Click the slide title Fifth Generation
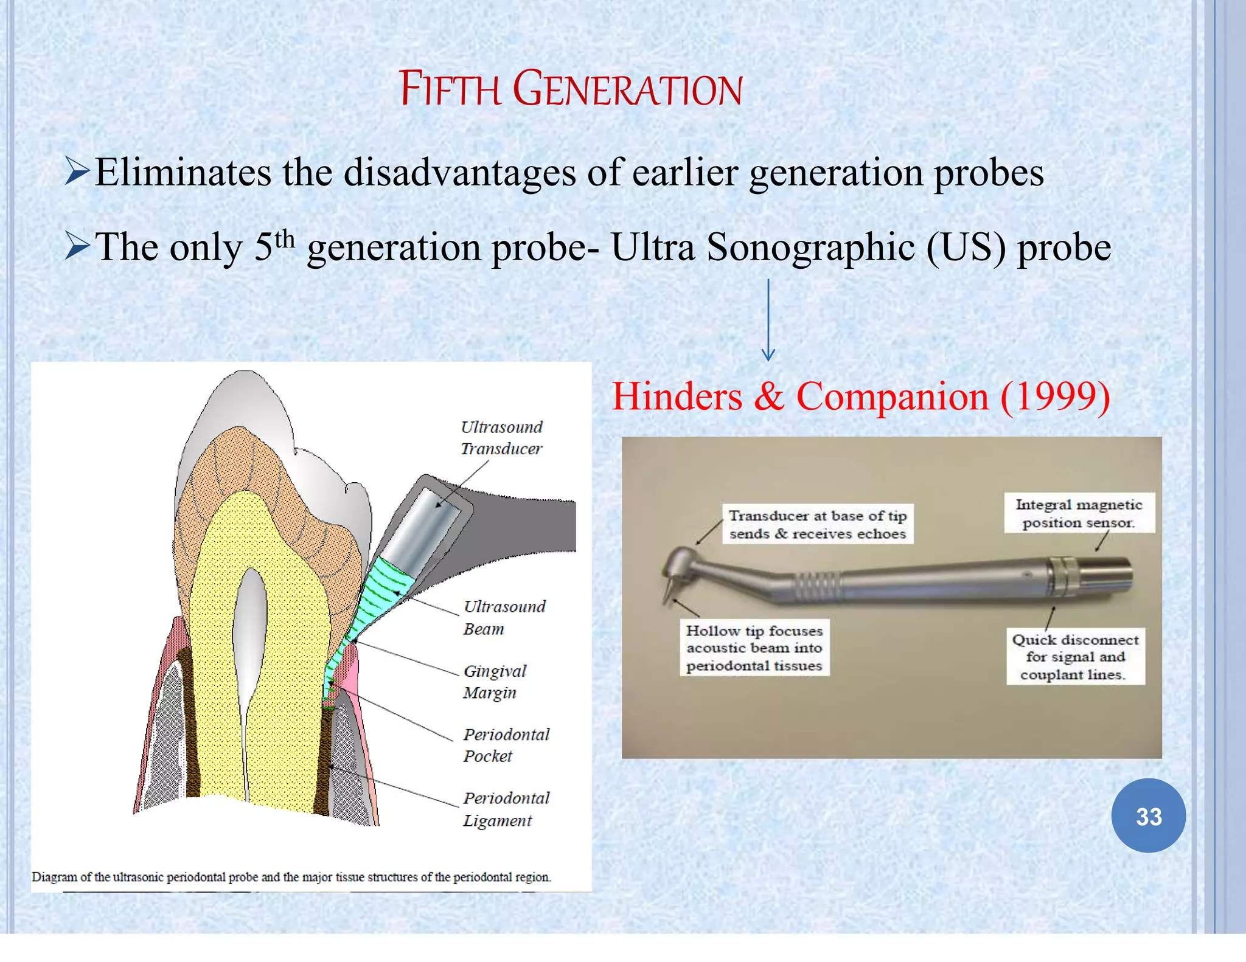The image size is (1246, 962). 570,89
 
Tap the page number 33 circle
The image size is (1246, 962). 1148,816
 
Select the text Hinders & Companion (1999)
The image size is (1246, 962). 860,396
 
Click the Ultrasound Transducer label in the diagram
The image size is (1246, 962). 501,438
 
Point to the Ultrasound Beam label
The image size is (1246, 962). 504,617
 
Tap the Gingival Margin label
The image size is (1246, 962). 494,682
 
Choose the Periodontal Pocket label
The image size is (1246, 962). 506,745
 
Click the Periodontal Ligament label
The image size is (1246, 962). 506,809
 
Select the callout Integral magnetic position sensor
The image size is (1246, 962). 1079,513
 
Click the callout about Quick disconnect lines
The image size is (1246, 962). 1075,657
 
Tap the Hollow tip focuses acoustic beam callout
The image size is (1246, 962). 754,648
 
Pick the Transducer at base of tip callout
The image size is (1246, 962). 817,524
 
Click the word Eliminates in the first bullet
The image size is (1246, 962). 183,173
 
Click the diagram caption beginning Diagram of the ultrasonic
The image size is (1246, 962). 291,877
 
